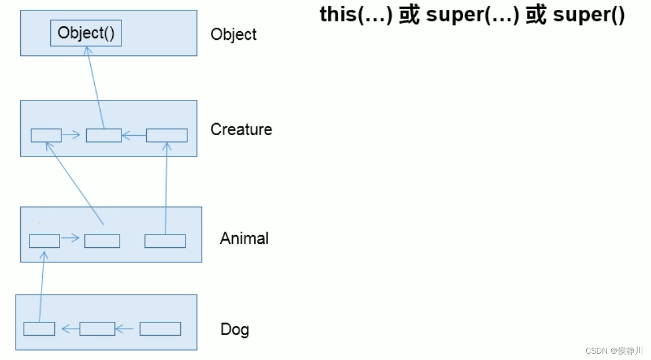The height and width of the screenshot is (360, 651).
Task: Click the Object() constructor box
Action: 86,34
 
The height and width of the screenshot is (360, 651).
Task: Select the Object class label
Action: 234,34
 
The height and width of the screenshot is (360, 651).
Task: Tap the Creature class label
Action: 241,129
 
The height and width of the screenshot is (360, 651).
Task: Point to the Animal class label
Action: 244,238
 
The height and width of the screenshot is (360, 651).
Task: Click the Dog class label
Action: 235,329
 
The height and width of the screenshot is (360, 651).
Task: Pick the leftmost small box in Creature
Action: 46,135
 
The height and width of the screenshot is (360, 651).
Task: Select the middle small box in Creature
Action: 103,135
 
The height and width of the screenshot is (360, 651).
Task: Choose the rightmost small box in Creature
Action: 167,135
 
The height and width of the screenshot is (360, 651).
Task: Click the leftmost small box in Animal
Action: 45,240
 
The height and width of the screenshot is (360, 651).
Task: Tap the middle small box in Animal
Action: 102,240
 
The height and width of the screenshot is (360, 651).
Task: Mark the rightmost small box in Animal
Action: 165,240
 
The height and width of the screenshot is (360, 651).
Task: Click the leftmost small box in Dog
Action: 39,329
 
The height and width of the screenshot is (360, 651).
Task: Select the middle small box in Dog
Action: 97,329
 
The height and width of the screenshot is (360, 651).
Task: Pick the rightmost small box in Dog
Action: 160,329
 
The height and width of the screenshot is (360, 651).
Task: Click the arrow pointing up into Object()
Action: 95,87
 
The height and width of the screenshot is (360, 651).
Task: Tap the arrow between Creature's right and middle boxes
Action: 134,136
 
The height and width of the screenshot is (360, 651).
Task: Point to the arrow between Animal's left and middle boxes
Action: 71,238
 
